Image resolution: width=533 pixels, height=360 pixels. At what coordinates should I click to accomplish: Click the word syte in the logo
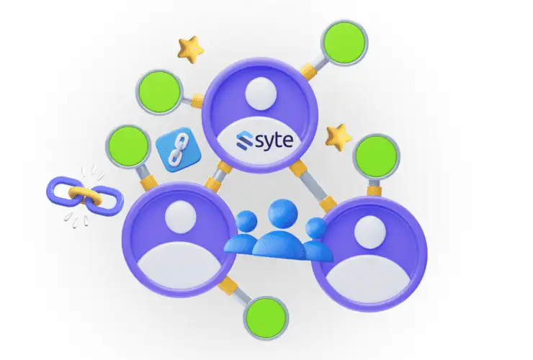click(272, 140)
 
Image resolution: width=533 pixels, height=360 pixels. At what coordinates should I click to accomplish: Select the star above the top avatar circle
click(190, 50)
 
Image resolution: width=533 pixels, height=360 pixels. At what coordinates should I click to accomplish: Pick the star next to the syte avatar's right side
click(337, 135)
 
